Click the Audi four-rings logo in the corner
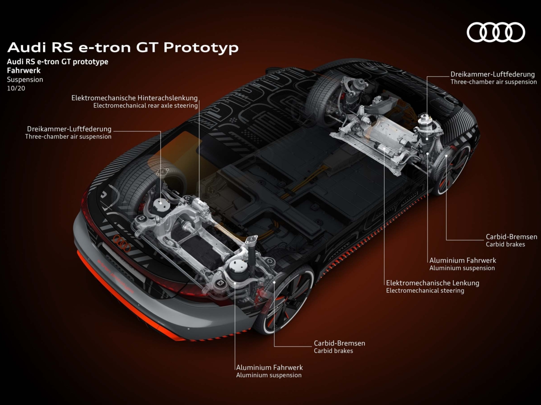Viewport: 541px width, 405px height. tap(496, 32)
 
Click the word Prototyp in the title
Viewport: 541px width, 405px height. tap(201, 47)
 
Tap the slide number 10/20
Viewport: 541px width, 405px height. tap(16, 88)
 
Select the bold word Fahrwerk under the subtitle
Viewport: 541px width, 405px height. tap(24, 70)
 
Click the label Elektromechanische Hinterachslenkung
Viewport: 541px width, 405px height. tap(134, 98)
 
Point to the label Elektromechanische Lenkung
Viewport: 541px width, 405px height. tap(432, 283)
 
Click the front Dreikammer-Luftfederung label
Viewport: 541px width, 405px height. tap(492, 74)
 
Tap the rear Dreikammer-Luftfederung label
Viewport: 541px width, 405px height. tap(69, 129)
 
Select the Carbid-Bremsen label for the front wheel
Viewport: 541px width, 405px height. tap(511, 237)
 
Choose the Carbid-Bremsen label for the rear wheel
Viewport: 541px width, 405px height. tap(339, 343)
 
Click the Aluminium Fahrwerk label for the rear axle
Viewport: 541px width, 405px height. tap(269, 367)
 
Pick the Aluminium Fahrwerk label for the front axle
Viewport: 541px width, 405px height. tap(463, 260)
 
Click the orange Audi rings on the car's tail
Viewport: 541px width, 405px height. tap(122, 243)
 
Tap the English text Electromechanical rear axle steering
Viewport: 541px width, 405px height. tap(145, 106)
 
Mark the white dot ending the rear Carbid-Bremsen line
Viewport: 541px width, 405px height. tap(274, 282)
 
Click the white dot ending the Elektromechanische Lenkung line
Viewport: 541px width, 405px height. tap(384, 148)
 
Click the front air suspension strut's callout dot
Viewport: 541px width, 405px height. tap(427, 139)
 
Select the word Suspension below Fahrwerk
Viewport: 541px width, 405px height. tap(25, 80)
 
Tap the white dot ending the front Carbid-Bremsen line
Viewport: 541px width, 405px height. tap(446, 156)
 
